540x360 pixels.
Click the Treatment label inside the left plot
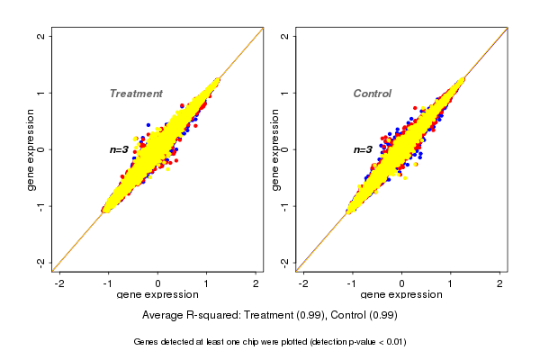136,94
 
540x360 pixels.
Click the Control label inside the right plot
373,94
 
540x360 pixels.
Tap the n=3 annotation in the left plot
119,149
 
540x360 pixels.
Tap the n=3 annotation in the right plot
362,149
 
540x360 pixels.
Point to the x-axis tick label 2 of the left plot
256,283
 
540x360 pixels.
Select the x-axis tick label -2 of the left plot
59,283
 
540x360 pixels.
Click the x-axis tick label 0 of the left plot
158,283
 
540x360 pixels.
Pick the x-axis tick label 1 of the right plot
451,283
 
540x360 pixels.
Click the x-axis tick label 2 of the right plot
500,283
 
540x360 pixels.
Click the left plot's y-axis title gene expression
31,149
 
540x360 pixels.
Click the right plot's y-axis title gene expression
274,149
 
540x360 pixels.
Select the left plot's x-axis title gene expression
158,295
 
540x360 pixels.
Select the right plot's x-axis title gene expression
401,295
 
